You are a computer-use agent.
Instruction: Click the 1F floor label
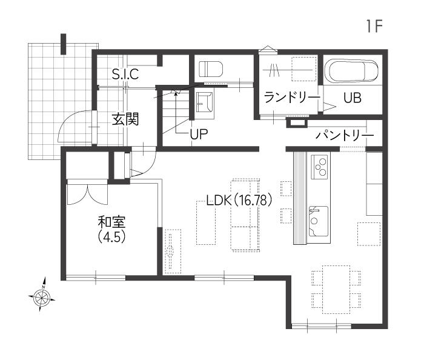pyautogui.click(x=374, y=26)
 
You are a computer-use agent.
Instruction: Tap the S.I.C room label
pyautogui.click(x=125, y=74)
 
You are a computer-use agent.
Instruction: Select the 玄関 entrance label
pyautogui.click(x=125, y=119)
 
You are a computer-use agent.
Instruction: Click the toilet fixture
pyautogui.click(x=211, y=68)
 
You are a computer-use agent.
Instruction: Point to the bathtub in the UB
pyautogui.click(x=351, y=70)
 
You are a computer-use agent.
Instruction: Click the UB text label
pyautogui.click(x=353, y=98)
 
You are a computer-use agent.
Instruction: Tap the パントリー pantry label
pyautogui.click(x=345, y=135)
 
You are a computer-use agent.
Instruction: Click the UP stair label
pyautogui.click(x=199, y=133)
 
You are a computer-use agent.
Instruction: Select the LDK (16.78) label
pyautogui.click(x=239, y=201)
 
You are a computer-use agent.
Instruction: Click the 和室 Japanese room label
pyautogui.click(x=111, y=222)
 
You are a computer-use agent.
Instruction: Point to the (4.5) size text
pyautogui.click(x=111, y=237)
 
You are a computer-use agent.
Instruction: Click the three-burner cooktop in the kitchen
pyautogui.click(x=320, y=167)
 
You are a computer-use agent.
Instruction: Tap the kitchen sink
pyautogui.click(x=319, y=221)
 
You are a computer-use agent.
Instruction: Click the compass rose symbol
pyautogui.click(x=42, y=296)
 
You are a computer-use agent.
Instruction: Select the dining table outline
pyautogui.click(x=336, y=290)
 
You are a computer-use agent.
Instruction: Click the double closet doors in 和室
pyautogui.click(x=87, y=193)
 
